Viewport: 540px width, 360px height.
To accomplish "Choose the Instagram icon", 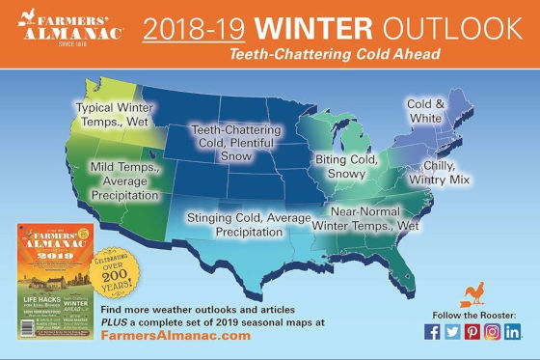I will point(493,331).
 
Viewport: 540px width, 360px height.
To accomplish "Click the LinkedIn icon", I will point(513,331).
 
